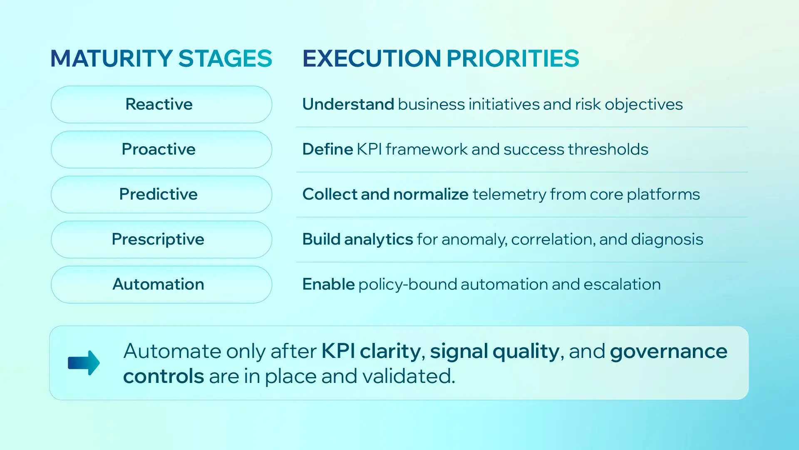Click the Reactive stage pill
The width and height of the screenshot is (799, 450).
(x=161, y=105)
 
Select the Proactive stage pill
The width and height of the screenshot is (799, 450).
(x=161, y=150)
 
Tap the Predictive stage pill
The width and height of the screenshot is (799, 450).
(x=161, y=195)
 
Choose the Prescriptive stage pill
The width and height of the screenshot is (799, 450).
(x=161, y=240)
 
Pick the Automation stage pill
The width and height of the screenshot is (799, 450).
(x=161, y=285)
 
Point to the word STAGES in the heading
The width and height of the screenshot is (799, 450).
(x=225, y=58)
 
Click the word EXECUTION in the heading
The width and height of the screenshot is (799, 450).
(x=372, y=58)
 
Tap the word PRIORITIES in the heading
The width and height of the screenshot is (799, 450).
(x=513, y=58)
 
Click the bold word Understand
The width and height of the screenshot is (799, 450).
(x=348, y=105)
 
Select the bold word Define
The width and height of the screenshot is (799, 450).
(x=328, y=150)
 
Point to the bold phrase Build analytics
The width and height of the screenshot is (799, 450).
(x=357, y=240)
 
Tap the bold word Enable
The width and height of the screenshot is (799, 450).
(x=328, y=285)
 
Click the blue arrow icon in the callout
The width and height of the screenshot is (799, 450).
(x=84, y=362)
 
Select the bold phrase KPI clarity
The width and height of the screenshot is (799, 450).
(x=371, y=351)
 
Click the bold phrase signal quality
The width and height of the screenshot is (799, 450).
(x=494, y=351)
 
